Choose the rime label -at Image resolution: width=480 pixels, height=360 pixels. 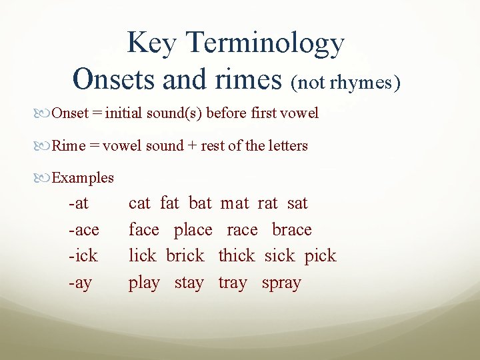[79, 203]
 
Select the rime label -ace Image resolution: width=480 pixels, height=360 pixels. [83, 229]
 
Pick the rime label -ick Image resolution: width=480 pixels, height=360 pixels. [83, 255]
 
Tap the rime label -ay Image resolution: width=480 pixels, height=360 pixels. [80, 282]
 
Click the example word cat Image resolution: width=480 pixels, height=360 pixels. [139, 203]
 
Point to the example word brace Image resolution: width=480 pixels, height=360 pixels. [291, 229]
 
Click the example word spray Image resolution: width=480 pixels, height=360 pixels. [281, 283]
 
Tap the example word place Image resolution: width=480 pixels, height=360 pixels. [193, 229]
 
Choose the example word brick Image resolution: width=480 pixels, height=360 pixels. [185, 255]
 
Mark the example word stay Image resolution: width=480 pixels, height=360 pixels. [189, 283]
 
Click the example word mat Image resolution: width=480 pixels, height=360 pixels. [234, 203]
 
